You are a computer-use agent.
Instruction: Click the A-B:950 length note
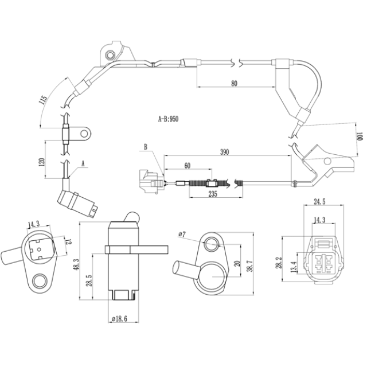168,119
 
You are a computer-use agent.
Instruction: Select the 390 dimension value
224,152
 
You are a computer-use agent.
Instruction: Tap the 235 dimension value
213,194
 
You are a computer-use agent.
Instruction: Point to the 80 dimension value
234,83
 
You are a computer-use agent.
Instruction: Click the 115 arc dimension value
44,100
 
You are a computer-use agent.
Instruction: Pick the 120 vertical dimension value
41,162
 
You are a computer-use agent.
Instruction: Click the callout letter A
83,164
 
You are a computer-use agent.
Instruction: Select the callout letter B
146,147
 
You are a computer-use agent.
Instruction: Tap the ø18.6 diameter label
120,319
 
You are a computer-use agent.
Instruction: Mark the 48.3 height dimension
76,264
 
